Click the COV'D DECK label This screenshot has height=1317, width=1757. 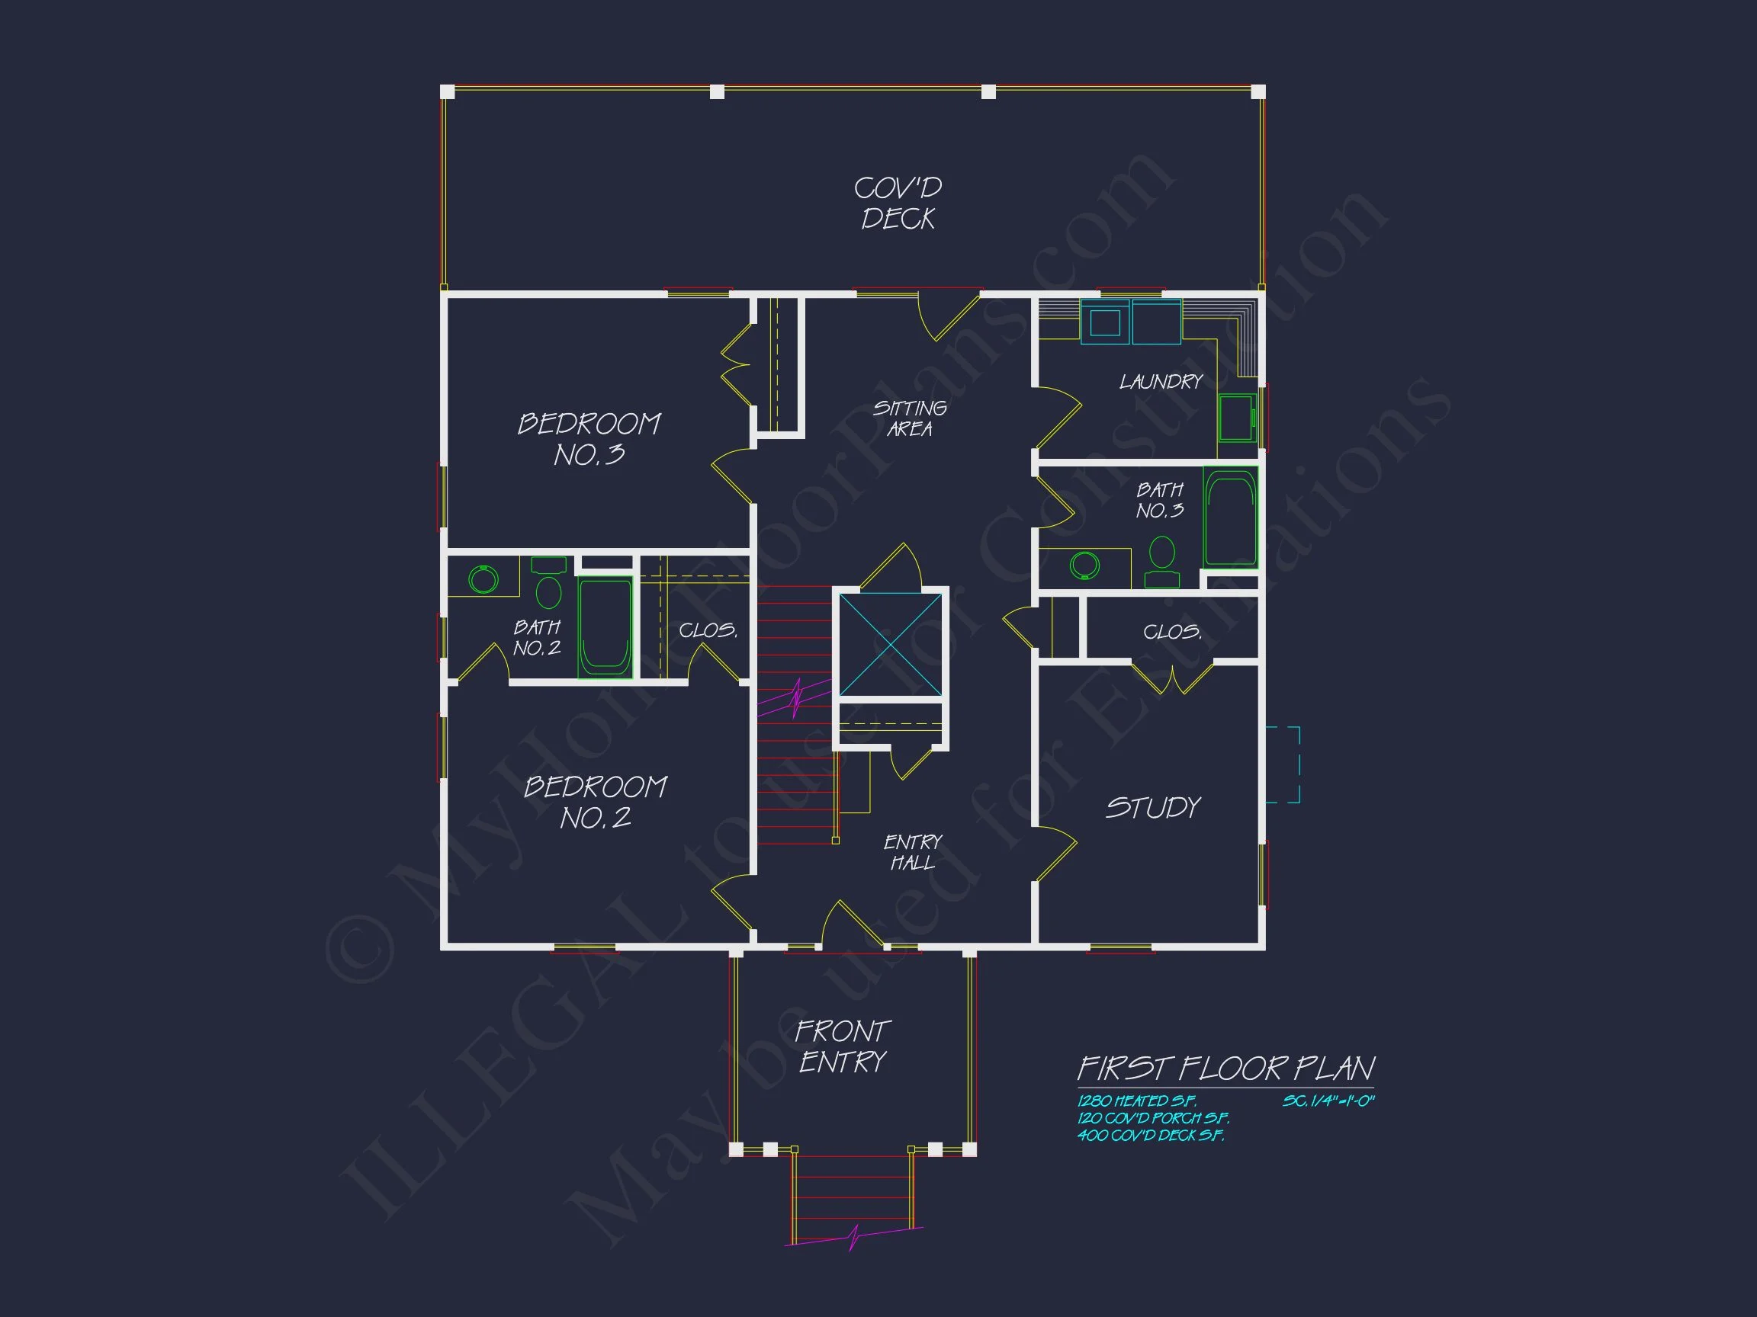pos(898,203)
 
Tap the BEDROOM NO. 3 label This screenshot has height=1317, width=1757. pos(589,439)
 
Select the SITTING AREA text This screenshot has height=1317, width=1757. pos(910,418)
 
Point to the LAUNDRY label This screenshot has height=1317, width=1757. pos(1161,382)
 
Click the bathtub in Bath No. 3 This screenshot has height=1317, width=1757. pos(1229,517)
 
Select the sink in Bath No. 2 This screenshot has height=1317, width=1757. pos(483,578)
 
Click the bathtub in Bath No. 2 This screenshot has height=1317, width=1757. pos(605,627)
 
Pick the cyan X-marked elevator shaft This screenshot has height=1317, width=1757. pos(891,644)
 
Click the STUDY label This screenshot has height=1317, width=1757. pos(1152,808)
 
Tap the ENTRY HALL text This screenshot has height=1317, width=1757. pos(912,853)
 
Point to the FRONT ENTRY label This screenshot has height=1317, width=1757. pos(842,1046)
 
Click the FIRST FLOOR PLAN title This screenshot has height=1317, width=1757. pos(1225,1069)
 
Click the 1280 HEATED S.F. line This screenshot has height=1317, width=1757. pos(1135,1101)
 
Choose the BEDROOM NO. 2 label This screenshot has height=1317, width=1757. pos(595,803)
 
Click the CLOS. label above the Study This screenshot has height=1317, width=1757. pos(1171,632)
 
